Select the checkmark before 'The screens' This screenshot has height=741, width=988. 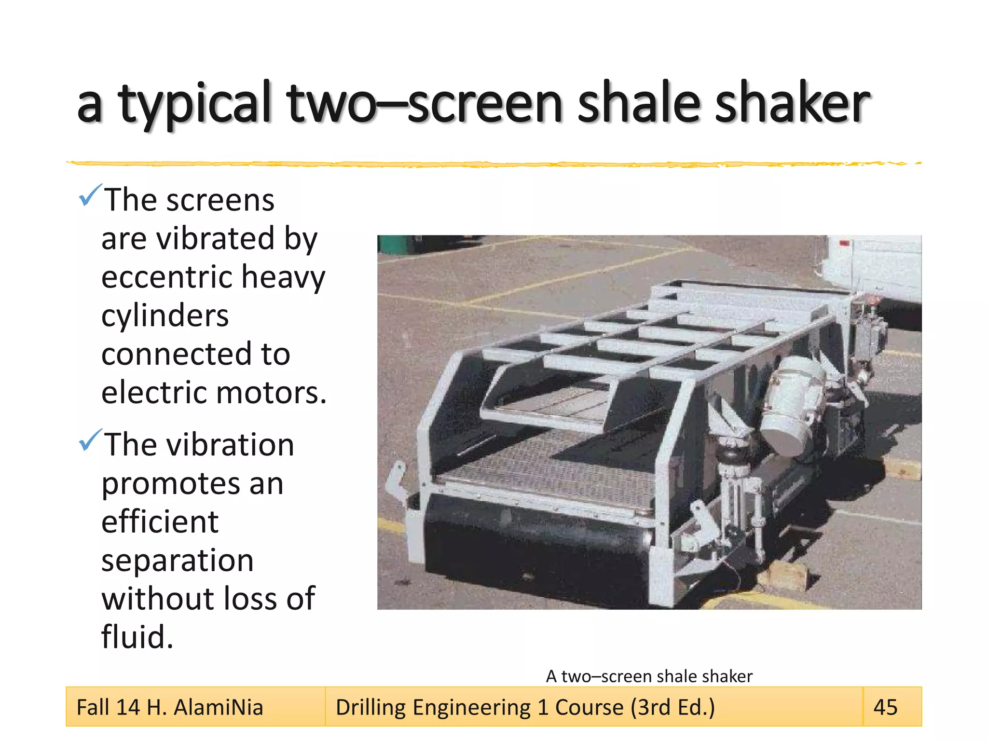point(90,195)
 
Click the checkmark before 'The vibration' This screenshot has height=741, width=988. point(90,440)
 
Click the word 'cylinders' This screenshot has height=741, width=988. point(165,316)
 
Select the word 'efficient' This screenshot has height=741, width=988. point(160,522)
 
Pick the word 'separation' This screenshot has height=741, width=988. point(178,561)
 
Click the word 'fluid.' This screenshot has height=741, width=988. point(137,637)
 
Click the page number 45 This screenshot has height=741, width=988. point(885,707)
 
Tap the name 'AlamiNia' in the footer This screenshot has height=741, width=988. point(218,708)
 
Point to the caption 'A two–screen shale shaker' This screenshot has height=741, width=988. point(649,676)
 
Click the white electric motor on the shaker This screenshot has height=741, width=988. point(791,405)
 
